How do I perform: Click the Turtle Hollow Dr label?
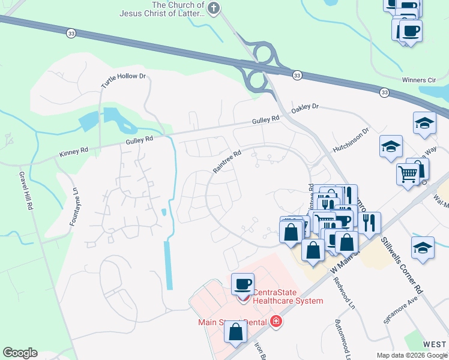coord(124,81)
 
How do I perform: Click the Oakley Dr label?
coord(305,107)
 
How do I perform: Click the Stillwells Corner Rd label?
coord(402,265)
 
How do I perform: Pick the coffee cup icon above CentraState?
coord(243,283)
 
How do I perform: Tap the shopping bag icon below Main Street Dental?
coord(237,332)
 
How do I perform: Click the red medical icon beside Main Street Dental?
coord(276,322)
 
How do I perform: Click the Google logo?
coord(20,353)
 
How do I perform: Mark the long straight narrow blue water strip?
coord(169,264)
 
